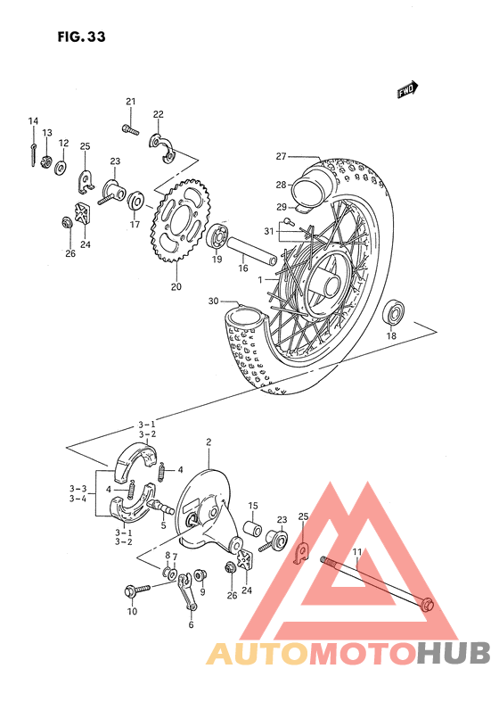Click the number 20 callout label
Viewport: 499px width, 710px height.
(x=176, y=287)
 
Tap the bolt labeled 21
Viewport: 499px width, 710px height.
(x=130, y=130)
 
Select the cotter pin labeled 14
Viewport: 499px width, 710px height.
(x=34, y=155)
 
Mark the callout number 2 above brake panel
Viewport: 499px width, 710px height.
(x=208, y=442)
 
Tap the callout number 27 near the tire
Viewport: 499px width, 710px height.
(x=280, y=157)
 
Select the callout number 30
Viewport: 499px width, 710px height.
(x=212, y=301)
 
